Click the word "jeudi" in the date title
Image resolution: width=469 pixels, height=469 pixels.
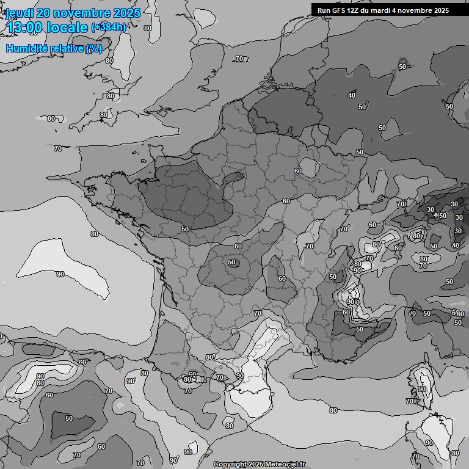click(x=19, y=13)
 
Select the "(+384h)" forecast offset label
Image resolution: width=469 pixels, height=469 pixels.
click(x=109, y=27)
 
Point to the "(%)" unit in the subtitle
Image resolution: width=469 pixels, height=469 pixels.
click(x=94, y=48)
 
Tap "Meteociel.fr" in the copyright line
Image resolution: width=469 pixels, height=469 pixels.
click(x=283, y=464)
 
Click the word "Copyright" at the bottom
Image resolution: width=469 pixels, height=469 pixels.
click(x=230, y=464)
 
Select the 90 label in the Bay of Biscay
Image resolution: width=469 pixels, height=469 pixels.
click(x=60, y=275)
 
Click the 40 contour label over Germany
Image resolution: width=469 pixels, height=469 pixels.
click(x=352, y=95)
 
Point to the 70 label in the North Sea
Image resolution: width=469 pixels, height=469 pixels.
click(x=239, y=59)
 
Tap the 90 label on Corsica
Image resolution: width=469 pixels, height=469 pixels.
click(x=422, y=389)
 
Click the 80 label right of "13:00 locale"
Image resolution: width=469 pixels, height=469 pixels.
click(x=148, y=28)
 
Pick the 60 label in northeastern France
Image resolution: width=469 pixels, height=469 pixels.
click(x=298, y=171)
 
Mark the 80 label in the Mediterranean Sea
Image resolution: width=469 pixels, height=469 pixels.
click(x=333, y=410)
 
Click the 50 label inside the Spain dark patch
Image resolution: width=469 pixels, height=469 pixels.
click(x=69, y=418)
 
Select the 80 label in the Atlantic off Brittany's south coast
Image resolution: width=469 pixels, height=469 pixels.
click(x=95, y=234)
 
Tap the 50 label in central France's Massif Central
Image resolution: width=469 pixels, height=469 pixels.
click(x=231, y=262)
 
